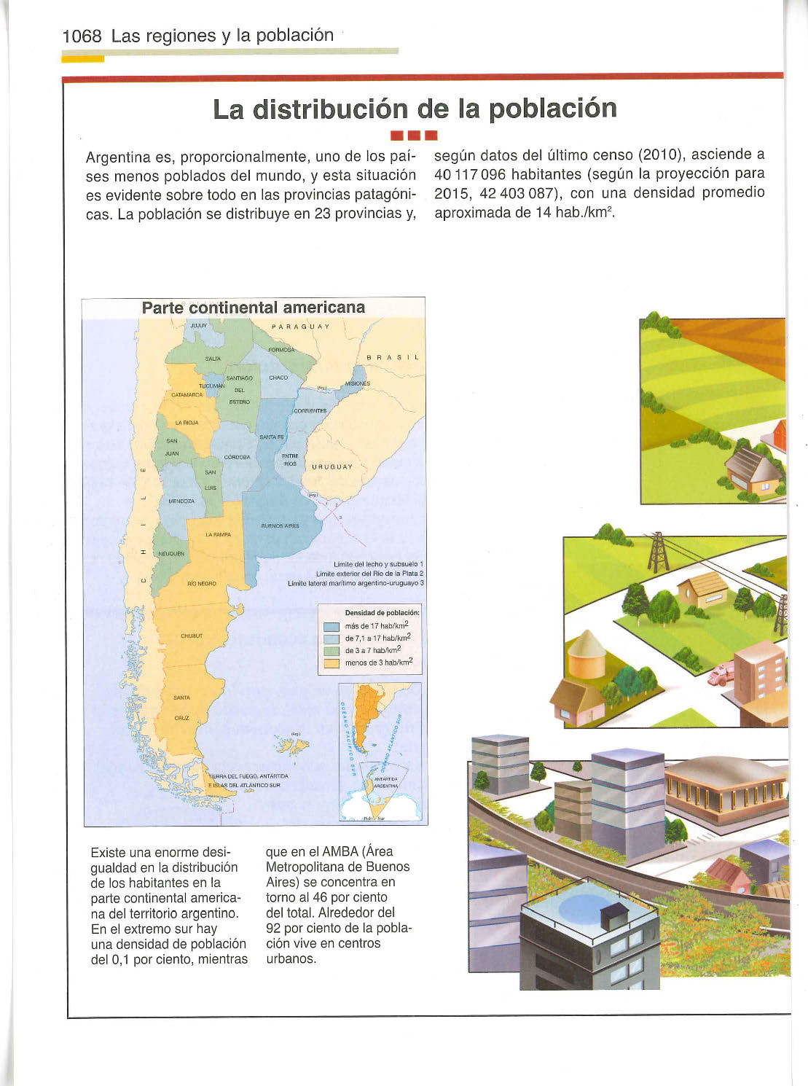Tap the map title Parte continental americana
point(254,308)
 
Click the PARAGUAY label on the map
point(300,327)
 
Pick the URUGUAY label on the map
point(332,467)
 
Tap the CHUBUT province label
point(191,636)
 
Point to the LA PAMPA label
point(218,534)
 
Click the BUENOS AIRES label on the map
point(280,526)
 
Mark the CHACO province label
point(278,378)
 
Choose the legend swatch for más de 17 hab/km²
point(332,627)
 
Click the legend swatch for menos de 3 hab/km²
point(332,663)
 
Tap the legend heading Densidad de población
point(382,613)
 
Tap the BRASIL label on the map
point(393,358)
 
